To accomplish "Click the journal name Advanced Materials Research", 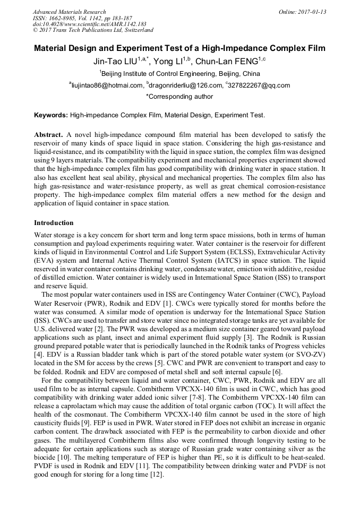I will pos(69,12).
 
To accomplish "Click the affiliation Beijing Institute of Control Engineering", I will pos(181,74).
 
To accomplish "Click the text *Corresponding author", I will pos(179,97).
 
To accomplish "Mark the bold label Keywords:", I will pos(51,115).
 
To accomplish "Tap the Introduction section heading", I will pos(54,223).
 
